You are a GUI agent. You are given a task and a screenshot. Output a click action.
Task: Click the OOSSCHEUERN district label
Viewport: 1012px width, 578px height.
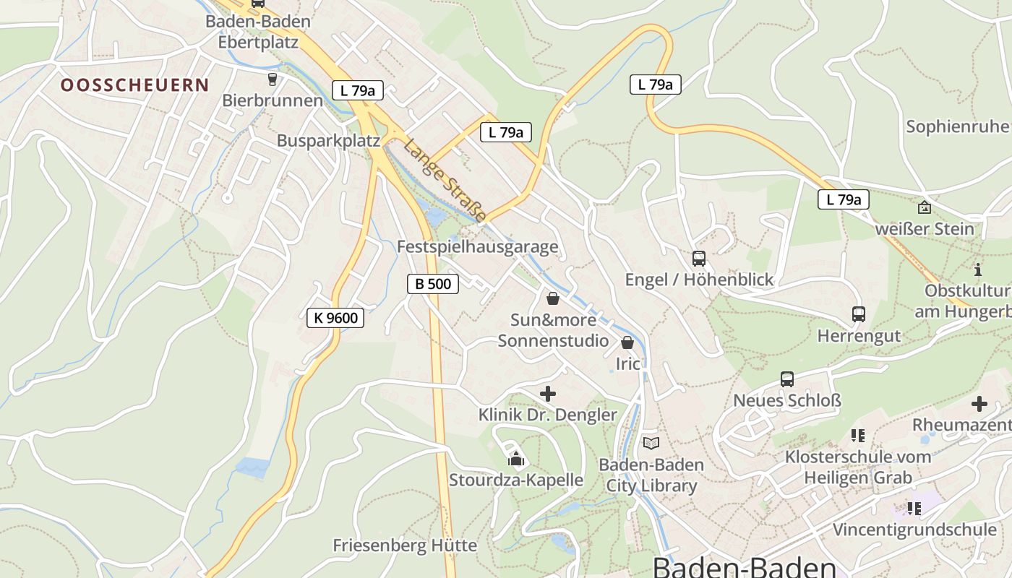click(134, 85)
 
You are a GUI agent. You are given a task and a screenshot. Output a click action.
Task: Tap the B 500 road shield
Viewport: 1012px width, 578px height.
click(433, 284)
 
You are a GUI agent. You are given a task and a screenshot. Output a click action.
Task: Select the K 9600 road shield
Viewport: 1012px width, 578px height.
click(335, 317)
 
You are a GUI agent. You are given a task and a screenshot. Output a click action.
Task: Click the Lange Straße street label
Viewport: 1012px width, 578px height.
click(445, 179)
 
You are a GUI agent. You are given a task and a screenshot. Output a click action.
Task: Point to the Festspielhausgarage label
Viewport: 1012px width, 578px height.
click(478, 246)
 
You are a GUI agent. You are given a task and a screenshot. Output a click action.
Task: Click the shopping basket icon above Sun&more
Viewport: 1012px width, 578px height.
click(553, 298)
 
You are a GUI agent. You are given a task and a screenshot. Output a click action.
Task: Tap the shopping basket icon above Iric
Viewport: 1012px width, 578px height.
click(627, 342)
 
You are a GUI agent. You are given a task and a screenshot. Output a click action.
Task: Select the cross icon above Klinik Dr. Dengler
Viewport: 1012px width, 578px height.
click(548, 394)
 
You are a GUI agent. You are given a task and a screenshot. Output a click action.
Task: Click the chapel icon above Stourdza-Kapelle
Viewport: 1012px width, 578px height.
click(515, 459)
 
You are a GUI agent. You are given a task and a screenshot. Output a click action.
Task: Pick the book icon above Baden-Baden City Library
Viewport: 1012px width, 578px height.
click(651, 443)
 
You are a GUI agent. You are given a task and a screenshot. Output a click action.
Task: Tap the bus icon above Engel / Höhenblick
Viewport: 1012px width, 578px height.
click(698, 259)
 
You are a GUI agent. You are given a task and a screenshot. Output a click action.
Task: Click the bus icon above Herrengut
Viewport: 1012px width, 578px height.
click(859, 314)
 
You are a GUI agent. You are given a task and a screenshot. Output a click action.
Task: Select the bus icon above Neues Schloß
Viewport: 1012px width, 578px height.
click(787, 379)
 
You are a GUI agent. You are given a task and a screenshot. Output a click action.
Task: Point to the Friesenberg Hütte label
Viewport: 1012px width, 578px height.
click(405, 545)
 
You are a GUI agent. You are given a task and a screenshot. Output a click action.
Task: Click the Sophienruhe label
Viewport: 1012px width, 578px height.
click(958, 126)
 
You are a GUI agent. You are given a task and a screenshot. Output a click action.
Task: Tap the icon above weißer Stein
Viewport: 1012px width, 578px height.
click(924, 208)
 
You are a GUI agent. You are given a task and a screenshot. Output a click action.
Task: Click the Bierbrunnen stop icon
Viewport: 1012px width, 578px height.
click(273, 79)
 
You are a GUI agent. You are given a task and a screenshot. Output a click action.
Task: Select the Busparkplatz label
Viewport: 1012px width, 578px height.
click(328, 140)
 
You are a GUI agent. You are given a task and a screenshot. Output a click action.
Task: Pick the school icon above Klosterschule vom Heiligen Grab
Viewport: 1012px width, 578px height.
click(858, 436)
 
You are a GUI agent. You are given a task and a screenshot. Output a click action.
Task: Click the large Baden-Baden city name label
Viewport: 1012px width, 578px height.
click(745, 566)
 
